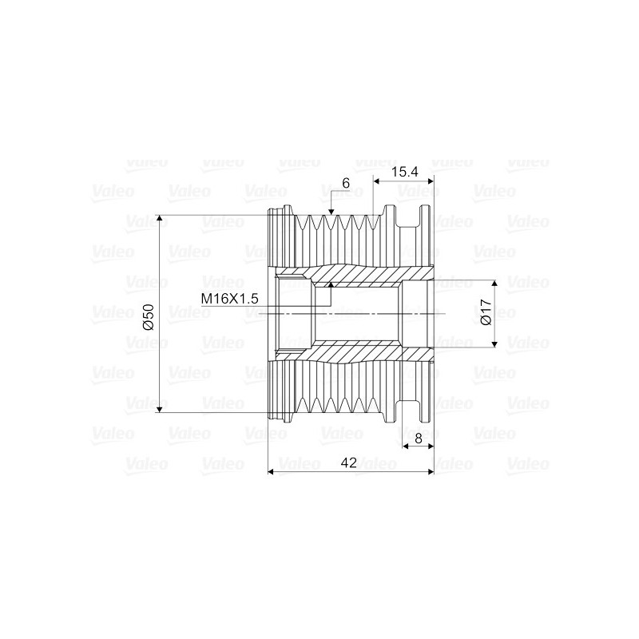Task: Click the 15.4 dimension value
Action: coord(404,172)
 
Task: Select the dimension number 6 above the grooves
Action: coord(346,183)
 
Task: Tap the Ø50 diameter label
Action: coord(147,314)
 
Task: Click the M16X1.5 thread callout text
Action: coord(230,298)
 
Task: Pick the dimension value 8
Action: coord(418,438)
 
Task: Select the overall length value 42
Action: coord(349,461)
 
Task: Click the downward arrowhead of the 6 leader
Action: coord(331,210)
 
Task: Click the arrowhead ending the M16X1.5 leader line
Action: coord(331,284)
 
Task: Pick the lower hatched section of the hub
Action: coord(359,352)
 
